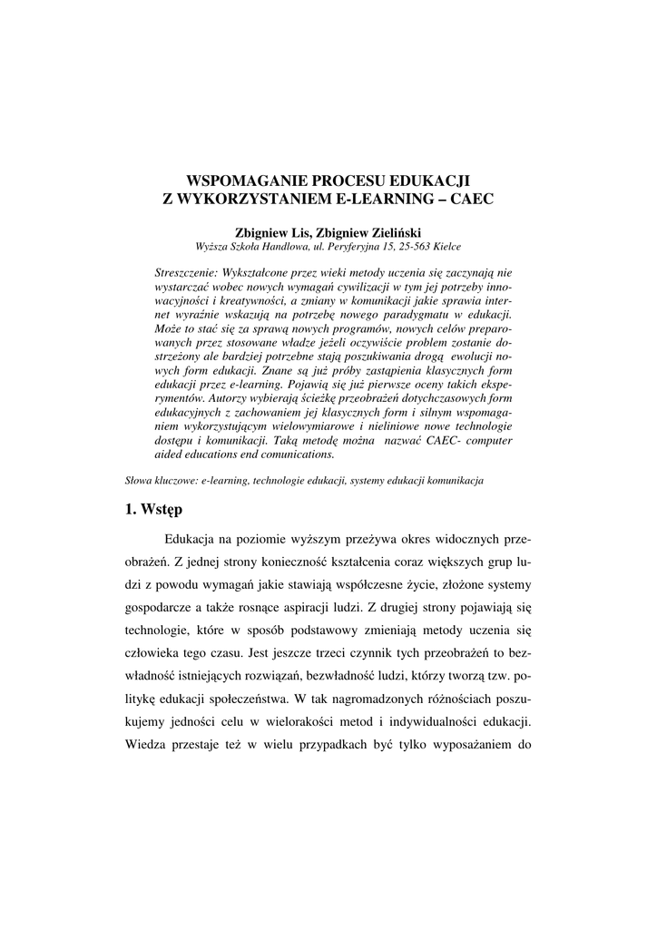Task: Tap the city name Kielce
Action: click(445, 246)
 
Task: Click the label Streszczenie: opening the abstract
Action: click(187, 271)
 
